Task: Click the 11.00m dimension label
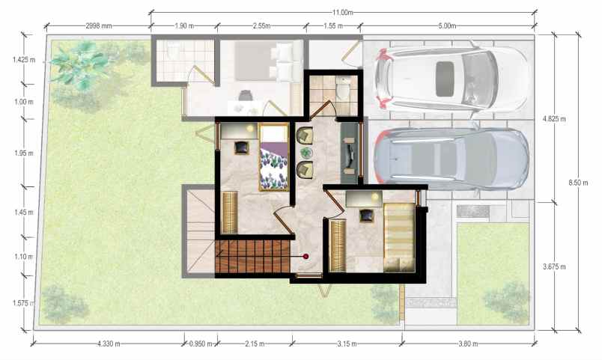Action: tap(342, 12)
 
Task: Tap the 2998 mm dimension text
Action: tap(99, 26)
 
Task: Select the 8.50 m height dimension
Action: tap(578, 183)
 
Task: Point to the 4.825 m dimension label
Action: tap(554, 119)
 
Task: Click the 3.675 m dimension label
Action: tap(554, 266)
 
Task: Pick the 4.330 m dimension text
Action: tap(109, 344)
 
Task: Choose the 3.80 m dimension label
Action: tap(468, 344)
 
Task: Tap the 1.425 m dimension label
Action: tap(24, 60)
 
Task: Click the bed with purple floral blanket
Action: tap(274, 157)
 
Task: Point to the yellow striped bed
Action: tap(399, 237)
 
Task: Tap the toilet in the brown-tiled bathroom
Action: tap(342, 89)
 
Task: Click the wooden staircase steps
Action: tap(252, 256)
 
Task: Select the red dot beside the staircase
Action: tap(306, 256)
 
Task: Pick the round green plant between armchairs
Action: tap(306, 153)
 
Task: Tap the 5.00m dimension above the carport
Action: tap(447, 26)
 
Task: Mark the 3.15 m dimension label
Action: tap(347, 344)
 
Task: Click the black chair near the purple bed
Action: tap(242, 147)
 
